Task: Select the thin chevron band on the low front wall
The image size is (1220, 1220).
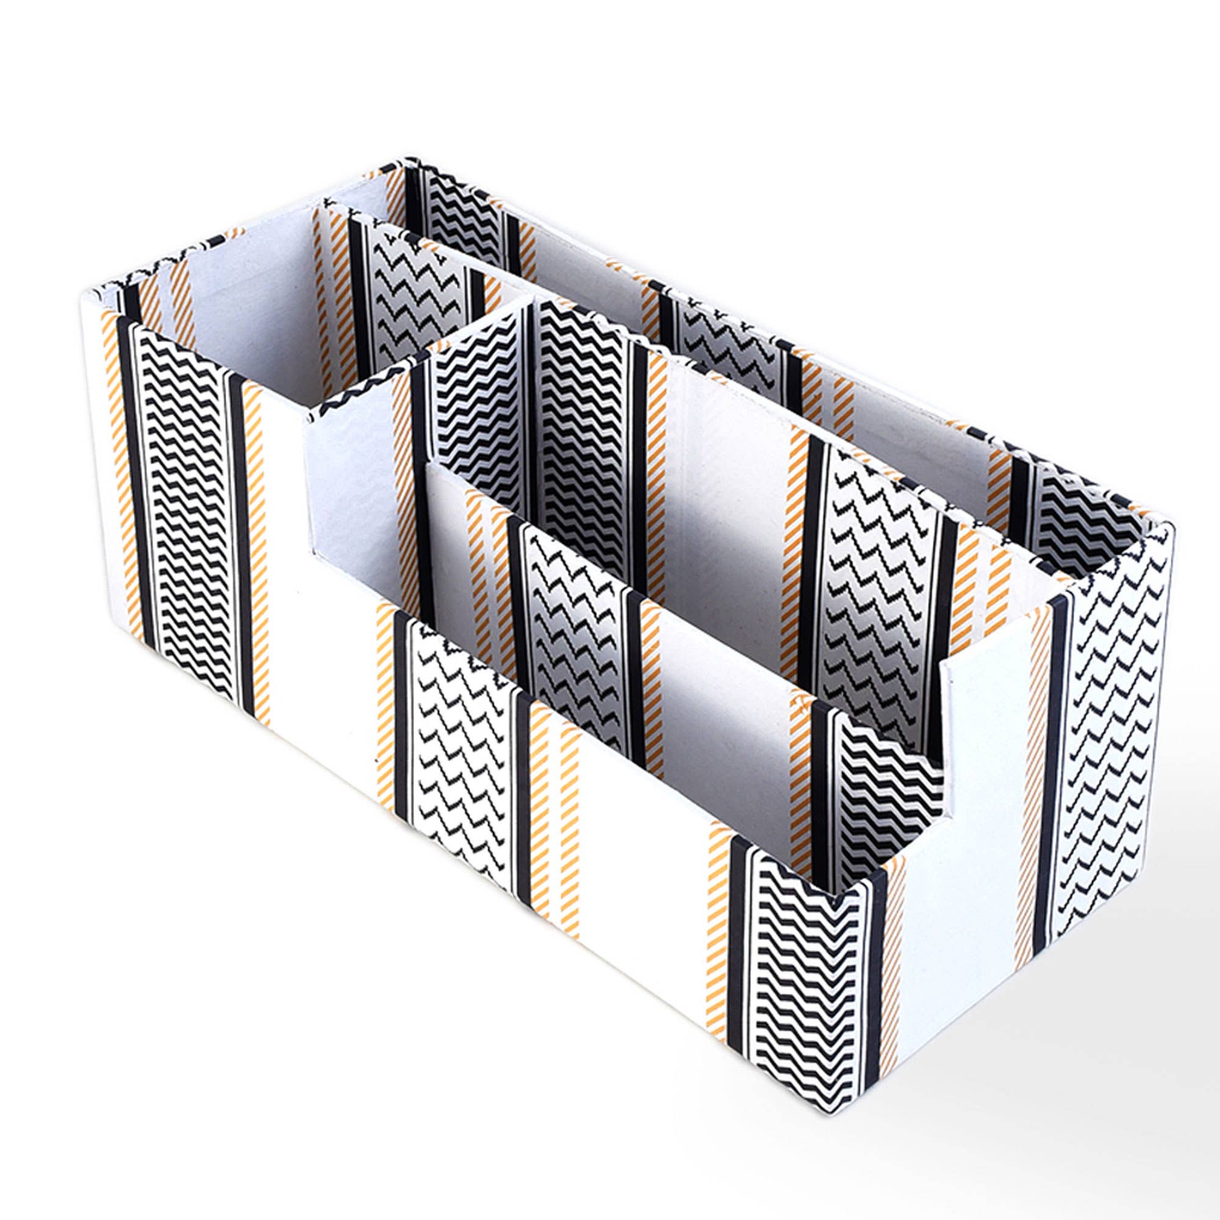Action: [x=461, y=739]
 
